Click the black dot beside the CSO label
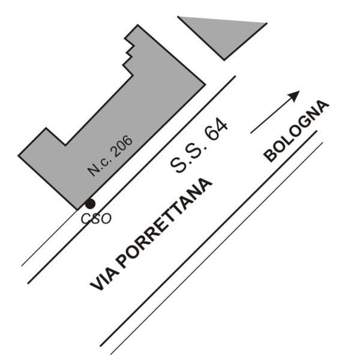(x=89, y=204)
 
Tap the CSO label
(x=96, y=218)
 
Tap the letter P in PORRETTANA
(x=122, y=262)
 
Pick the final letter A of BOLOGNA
(x=323, y=106)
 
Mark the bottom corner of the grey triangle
(x=224, y=59)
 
